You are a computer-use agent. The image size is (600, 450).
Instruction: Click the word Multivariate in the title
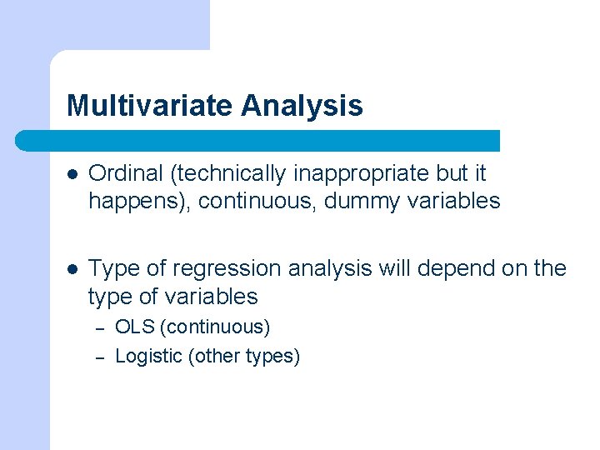(150, 106)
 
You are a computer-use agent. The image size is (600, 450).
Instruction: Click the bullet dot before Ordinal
(72, 174)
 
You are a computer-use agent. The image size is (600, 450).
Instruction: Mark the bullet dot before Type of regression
(72, 269)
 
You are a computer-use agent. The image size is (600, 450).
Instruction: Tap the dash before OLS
(98, 328)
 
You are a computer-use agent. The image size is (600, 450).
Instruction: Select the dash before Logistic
(98, 357)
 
